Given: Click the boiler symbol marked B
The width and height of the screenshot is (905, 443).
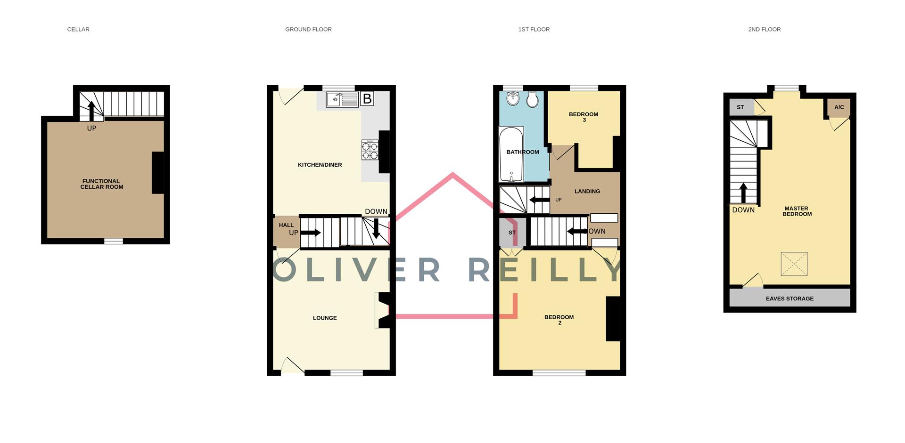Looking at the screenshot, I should coord(367,99).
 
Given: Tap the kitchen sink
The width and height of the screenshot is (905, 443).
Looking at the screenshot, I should coord(342,99).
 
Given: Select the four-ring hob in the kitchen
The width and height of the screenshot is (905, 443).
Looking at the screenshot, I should coord(370,150).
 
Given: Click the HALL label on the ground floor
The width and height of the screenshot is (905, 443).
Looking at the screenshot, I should coord(286,226).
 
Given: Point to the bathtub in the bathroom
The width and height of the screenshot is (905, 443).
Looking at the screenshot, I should coord(511,155).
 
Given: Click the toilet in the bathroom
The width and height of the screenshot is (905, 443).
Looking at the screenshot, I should coord(533,99).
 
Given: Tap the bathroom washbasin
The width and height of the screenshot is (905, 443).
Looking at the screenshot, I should coord(512,99).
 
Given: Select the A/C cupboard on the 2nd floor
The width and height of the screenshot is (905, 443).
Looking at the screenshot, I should coord(839,107).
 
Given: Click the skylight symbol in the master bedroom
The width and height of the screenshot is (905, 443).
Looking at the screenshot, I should coord(794,264).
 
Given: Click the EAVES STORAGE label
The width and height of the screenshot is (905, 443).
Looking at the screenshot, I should coord(790,298).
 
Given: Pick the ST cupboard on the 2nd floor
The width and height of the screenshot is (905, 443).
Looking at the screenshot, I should coord(740,107).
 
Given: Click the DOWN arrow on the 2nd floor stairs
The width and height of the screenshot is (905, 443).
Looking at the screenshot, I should coord(743,192).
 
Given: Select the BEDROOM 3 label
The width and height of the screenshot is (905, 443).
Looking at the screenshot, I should coord(584,117).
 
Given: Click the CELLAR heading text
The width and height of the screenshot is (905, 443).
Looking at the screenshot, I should coord(78,29).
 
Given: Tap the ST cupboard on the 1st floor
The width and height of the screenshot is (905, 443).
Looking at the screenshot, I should coord(512,233).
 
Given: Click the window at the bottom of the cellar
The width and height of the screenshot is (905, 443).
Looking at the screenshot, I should coord(114,241).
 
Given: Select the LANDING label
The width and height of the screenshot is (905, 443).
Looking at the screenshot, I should coord(587,191).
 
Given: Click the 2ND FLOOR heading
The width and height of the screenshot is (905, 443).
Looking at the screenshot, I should coord(764,29).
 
